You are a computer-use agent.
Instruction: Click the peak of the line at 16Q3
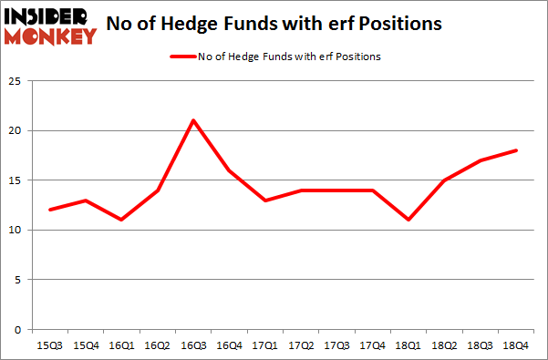pyautogui.click(x=193, y=120)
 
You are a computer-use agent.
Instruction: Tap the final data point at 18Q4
pyautogui.click(x=517, y=150)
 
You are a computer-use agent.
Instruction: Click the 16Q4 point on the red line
pyautogui.click(x=229, y=170)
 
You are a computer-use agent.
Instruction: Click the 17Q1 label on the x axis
pyautogui.click(x=264, y=345)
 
